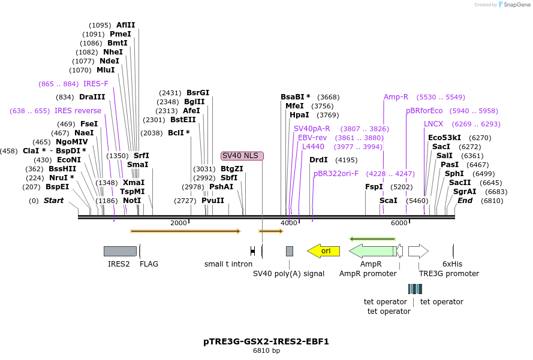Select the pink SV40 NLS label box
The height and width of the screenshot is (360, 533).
coord(242,156)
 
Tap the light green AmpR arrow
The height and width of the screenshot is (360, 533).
coord(372,251)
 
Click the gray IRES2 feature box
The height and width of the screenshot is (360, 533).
coord(120,251)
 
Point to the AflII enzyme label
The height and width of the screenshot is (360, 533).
coord(126,25)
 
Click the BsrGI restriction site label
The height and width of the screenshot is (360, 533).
coord(198,93)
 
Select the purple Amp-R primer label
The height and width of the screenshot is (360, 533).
coord(396,97)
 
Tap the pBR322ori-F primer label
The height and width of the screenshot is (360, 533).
coord(336,174)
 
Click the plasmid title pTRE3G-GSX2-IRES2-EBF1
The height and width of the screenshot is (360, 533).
coord(266,342)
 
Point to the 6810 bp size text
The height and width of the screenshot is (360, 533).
coord(266,351)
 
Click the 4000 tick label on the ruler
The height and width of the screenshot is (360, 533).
coord(289,223)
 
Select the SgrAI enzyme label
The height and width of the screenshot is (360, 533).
coord(465,192)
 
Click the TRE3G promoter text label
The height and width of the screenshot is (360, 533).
coord(449,274)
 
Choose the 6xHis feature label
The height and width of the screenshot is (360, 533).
coord(453,264)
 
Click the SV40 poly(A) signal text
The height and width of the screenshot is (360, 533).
coord(288,274)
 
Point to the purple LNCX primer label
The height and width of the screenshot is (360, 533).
coord(433,124)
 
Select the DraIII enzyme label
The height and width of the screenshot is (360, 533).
coord(92,97)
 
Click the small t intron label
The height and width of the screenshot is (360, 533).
coord(228,264)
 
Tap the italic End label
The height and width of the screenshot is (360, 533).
coord(465,201)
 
